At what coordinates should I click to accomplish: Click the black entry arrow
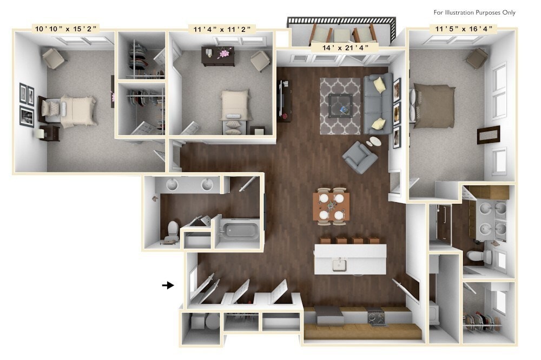tap(168, 285)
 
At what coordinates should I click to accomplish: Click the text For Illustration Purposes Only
tap(474, 12)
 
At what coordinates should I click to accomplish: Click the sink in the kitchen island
tap(340, 264)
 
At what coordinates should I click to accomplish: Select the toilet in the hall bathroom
tap(171, 230)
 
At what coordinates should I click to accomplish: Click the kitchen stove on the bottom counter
tap(375, 317)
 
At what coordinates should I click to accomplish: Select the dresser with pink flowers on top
tap(218, 55)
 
